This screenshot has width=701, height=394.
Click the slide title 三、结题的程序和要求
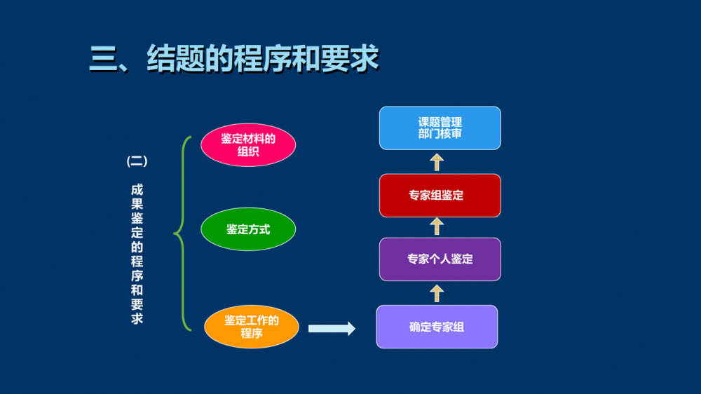(234, 59)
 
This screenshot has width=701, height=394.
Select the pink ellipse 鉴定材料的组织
(248, 145)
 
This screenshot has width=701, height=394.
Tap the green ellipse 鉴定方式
(248, 229)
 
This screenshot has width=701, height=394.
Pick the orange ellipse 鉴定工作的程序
(252, 327)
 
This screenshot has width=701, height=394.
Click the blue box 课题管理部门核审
(440, 128)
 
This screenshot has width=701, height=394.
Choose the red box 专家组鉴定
(440, 196)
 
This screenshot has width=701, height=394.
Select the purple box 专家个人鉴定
(440, 259)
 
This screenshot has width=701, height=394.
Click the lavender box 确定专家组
(437, 327)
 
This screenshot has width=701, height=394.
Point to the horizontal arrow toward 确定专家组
(332, 328)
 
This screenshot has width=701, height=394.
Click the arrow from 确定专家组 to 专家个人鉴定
(437, 293)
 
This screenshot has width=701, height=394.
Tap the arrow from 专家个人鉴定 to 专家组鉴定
(437, 226)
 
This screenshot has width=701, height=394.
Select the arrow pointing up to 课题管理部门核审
(437, 162)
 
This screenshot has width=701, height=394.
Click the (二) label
(137, 161)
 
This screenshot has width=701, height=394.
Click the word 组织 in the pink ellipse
(248, 151)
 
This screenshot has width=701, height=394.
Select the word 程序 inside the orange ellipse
(252, 334)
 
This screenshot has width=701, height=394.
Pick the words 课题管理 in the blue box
(440, 122)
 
